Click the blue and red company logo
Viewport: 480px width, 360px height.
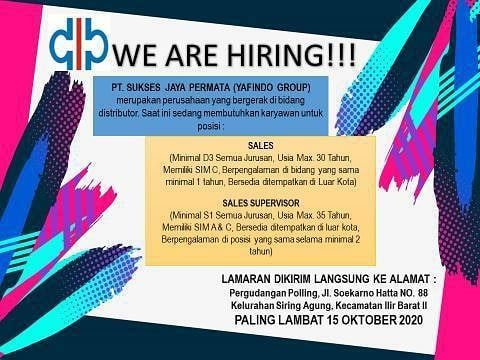(79, 44)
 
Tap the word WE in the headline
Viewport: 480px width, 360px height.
(135, 54)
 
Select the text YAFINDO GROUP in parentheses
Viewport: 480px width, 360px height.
(272, 88)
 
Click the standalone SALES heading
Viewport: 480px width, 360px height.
(261, 146)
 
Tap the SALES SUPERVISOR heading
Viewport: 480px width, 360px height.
(261, 203)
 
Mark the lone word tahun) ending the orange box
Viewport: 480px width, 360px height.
(261, 251)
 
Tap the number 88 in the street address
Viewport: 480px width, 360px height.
(422, 293)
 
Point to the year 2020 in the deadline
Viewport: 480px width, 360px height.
(411, 320)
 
